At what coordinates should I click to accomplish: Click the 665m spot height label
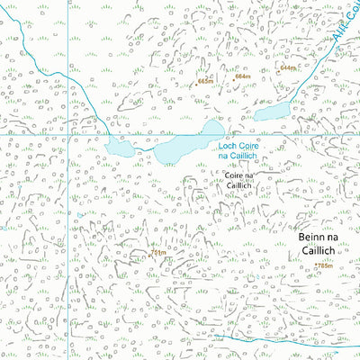click(x=207, y=81)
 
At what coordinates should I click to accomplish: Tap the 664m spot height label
click(x=242, y=76)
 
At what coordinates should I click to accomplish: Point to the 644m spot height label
click(x=288, y=68)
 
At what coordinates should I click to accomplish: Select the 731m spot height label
click(x=157, y=254)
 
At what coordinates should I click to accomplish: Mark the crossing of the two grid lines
click(x=68, y=134)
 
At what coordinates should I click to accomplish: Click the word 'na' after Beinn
click(x=330, y=237)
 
